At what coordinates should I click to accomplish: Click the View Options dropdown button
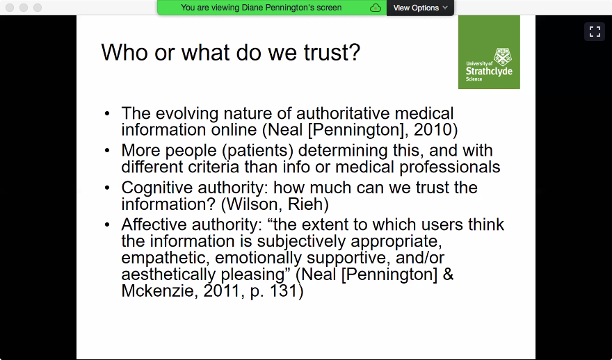[x=420, y=8]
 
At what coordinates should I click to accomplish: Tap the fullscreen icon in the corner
[x=595, y=31]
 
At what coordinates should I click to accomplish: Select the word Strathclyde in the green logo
[x=489, y=72]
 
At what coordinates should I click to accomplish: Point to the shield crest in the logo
[x=503, y=57]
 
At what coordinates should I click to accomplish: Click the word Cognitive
[x=157, y=188]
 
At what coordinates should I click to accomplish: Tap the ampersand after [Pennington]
[x=448, y=275]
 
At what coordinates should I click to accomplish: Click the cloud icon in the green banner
[x=376, y=8]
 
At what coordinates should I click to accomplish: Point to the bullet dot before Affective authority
[x=107, y=224]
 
